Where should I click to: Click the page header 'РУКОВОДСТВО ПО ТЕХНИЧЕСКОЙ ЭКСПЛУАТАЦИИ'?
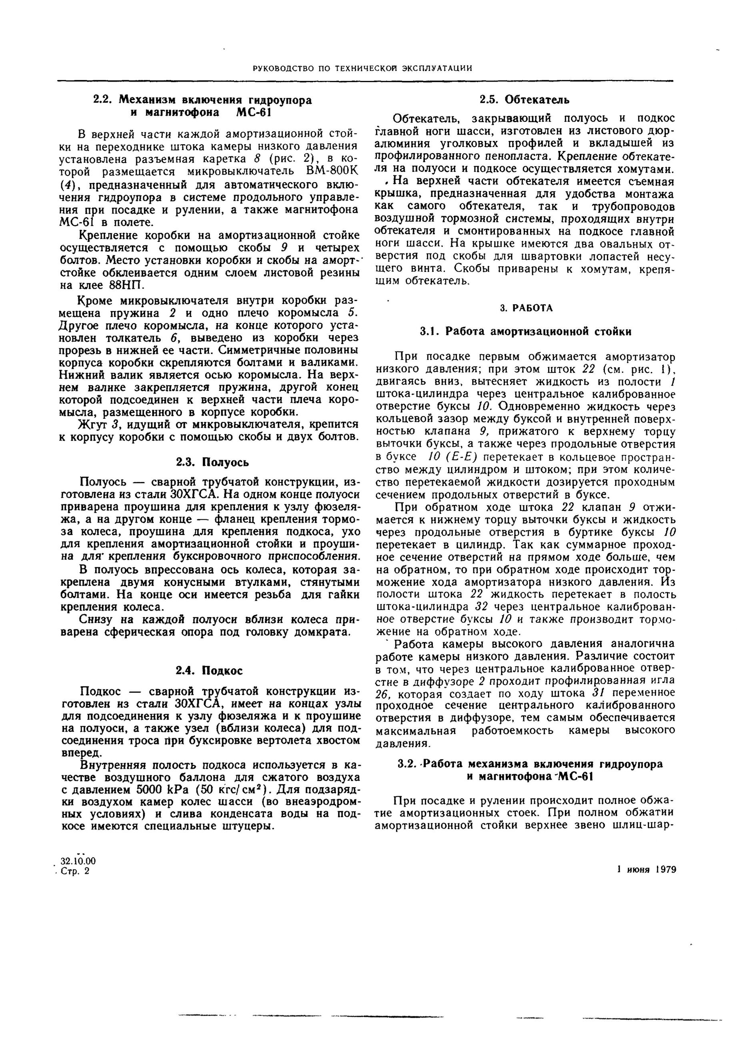pos(362,69)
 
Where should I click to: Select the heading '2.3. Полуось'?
pos(212,462)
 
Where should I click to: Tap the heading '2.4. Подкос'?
pos(209,670)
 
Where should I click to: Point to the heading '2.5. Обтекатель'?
pos(525,99)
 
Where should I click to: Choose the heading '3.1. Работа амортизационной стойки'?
pos(526,332)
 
